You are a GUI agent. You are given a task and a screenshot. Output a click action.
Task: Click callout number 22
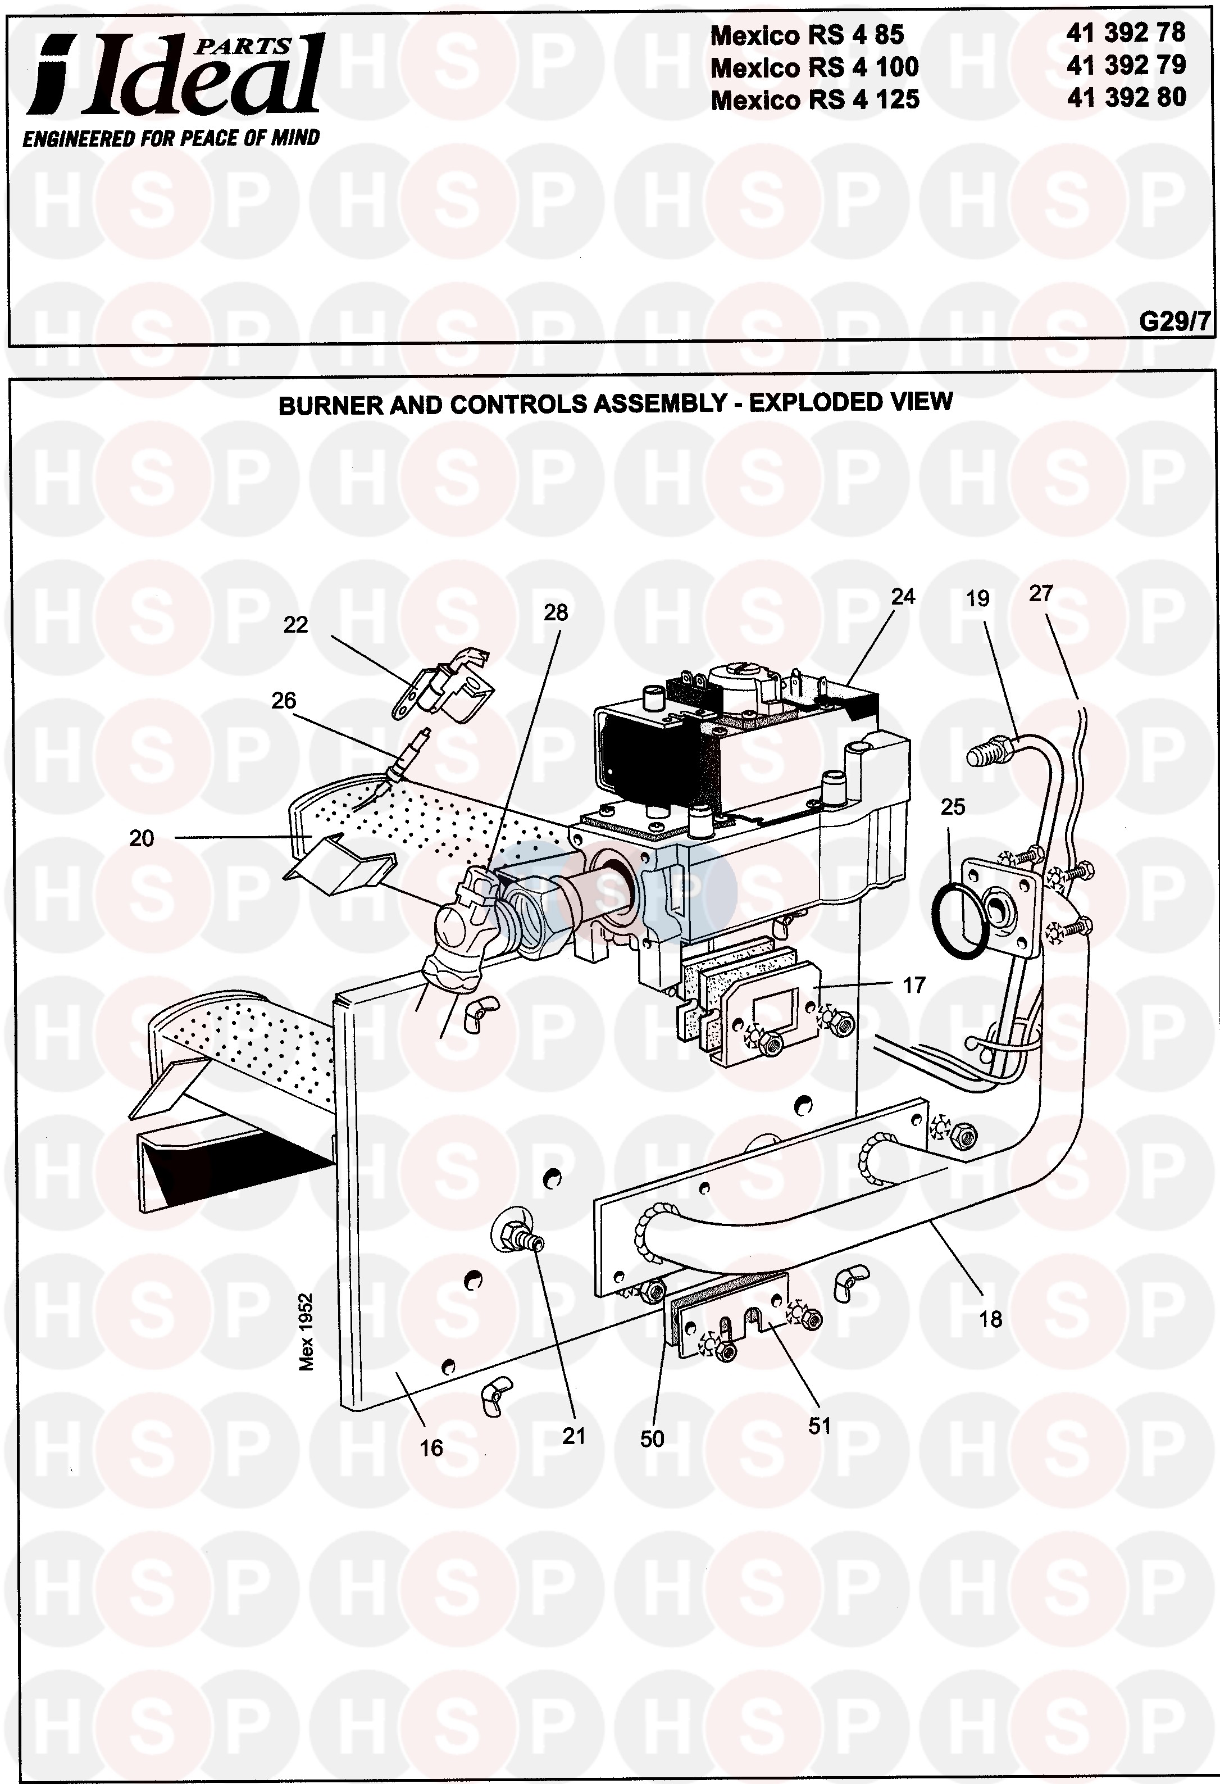coord(295,625)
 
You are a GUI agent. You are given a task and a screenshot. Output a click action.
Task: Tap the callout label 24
coord(903,597)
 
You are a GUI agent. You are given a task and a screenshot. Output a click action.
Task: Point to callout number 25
coord(953,807)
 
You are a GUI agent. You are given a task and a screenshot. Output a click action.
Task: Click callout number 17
coord(914,985)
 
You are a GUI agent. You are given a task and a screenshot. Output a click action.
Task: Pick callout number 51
coord(820,1426)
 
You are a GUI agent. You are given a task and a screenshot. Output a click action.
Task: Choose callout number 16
coord(431,1448)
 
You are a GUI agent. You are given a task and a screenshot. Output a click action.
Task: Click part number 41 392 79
coord(1126,65)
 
